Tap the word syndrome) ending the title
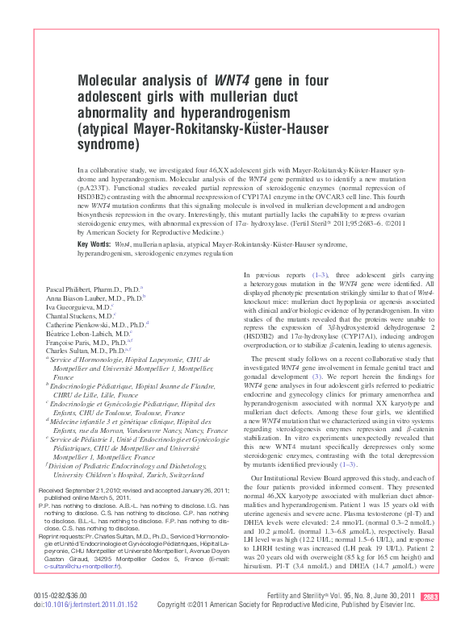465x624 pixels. point(107,145)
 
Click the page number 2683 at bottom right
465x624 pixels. point(430,597)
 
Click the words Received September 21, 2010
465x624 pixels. point(85,491)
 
